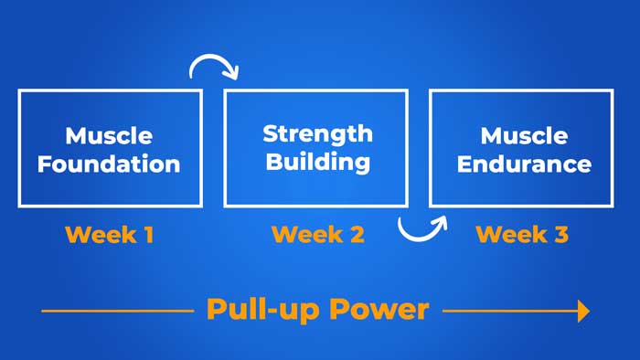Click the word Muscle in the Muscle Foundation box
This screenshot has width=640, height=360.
pos(109,137)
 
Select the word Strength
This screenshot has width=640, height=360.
pos(317,134)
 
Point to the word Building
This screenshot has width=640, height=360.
pos(317,163)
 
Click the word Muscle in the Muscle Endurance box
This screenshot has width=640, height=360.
pos(524,137)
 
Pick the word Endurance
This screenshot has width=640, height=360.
pos(524,165)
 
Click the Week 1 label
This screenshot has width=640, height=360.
pos(109,235)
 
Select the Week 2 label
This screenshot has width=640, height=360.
pos(318,235)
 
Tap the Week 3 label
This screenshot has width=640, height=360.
pos(522,235)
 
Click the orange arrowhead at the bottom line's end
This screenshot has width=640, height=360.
pos(581,312)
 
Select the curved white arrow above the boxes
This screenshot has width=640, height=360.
pos(214,66)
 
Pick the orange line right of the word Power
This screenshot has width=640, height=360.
pos(507,312)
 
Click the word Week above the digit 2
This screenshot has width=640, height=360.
pos(304,235)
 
